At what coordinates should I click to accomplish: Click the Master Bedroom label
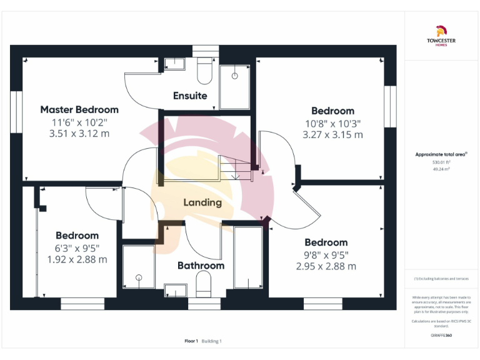[x=79, y=109]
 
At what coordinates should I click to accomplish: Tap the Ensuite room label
[x=190, y=96]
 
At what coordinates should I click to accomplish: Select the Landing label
[x=202, y=202]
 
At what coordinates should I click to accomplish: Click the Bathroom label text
[x=201, y=266]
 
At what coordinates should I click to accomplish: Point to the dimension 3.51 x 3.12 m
[x=79, y=133]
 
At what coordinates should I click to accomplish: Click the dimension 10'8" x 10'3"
[x=332, y=123]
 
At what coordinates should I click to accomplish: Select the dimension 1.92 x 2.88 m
[x=77, y=259]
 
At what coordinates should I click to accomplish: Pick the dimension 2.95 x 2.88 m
[x=326, y=266]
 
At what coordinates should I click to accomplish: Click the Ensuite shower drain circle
[x=235, y=76]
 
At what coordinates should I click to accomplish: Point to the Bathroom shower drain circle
[x=139, y=277]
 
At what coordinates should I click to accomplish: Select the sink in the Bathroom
[x=174, y=289]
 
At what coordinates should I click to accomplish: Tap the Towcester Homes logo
[x=441, y=34]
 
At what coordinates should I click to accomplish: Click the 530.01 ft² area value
[x=441, y=162]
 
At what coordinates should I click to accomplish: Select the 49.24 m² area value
[x=441, y=169]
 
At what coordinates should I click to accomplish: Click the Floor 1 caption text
[x=191, y=341]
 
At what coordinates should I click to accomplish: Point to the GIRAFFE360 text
[x=441, y=336]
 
